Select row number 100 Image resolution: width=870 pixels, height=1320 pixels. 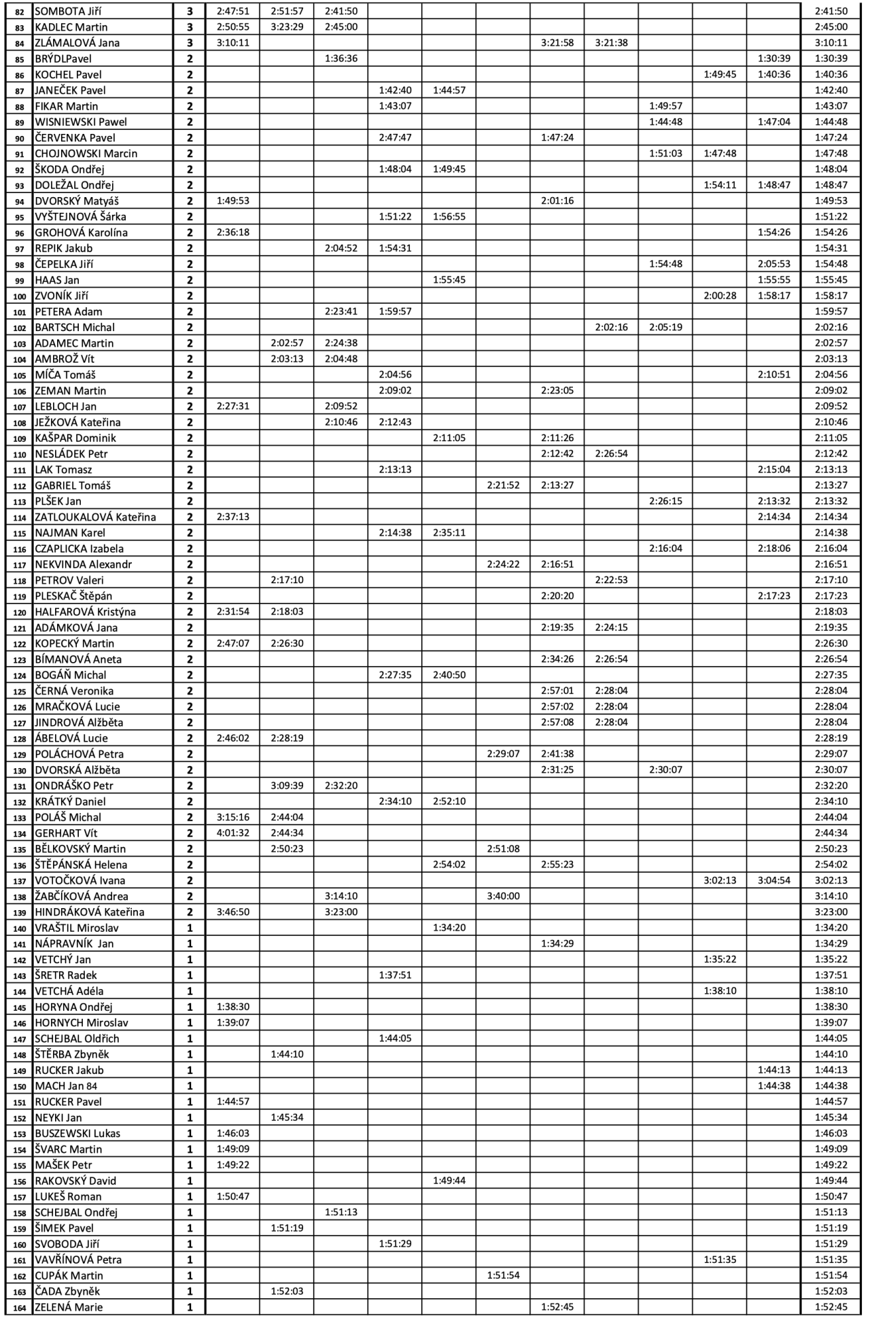tap(19, 296)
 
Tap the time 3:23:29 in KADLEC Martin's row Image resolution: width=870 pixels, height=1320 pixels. tap(287, 27)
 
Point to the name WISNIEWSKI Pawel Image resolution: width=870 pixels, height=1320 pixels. tap(81, 122)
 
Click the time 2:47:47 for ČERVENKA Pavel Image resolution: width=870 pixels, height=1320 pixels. tap(395, 138)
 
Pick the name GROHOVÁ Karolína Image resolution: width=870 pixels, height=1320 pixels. tap(81, 232)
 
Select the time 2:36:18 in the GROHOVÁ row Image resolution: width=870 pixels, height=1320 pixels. tap(233, 232)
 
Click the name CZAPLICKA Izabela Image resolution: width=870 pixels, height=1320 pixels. tap(79, 549)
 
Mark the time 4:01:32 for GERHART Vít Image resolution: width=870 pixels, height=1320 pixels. tap(233, 833)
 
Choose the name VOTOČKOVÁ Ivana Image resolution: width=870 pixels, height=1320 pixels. tap(80, 881)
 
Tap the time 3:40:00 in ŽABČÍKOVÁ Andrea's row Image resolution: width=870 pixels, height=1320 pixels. tap(503, 897)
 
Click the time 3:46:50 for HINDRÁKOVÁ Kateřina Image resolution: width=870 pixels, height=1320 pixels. tap(233, 912)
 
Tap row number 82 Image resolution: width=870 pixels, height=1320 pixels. tap(19, 12)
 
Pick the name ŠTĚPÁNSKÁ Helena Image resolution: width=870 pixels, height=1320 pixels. tap(81, 865)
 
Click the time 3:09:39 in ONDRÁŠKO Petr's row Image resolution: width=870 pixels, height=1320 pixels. tap(287, 786)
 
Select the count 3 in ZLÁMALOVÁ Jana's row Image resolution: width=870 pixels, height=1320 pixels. tap(190, 43)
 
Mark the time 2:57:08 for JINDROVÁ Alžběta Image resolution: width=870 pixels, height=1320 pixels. tap(557, 723)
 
